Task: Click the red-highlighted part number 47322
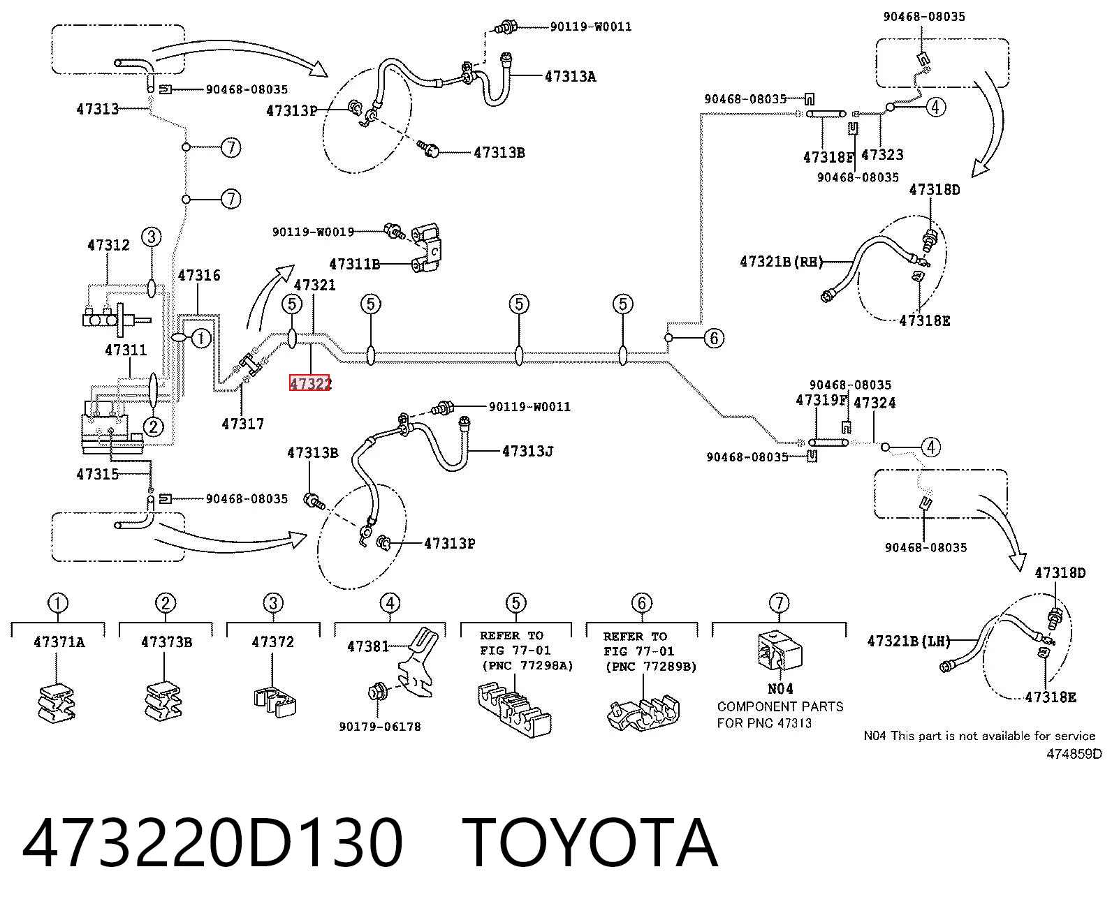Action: pos(310,383)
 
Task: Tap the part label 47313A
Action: pos(571,77)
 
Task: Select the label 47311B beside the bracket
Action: pos(355,264)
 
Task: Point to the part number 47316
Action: pos(199,275)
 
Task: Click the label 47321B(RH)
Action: pos(782,262)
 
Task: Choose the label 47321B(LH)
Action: pos(909,641)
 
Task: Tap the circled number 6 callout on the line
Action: pos(714,338)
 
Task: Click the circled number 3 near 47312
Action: pos(152,237)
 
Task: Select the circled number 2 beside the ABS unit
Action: pos(154,426)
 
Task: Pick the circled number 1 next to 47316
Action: pos(200,338)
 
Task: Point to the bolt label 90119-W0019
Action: pos(313,232)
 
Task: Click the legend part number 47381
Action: pos(368,646)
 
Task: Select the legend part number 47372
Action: pos(272,641)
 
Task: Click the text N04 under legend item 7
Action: pos(780,689)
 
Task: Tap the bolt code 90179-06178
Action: pos(380,727)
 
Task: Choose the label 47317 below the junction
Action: pos(243,424)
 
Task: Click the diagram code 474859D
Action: pos(1074,754)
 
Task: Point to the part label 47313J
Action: pos(528,452)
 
